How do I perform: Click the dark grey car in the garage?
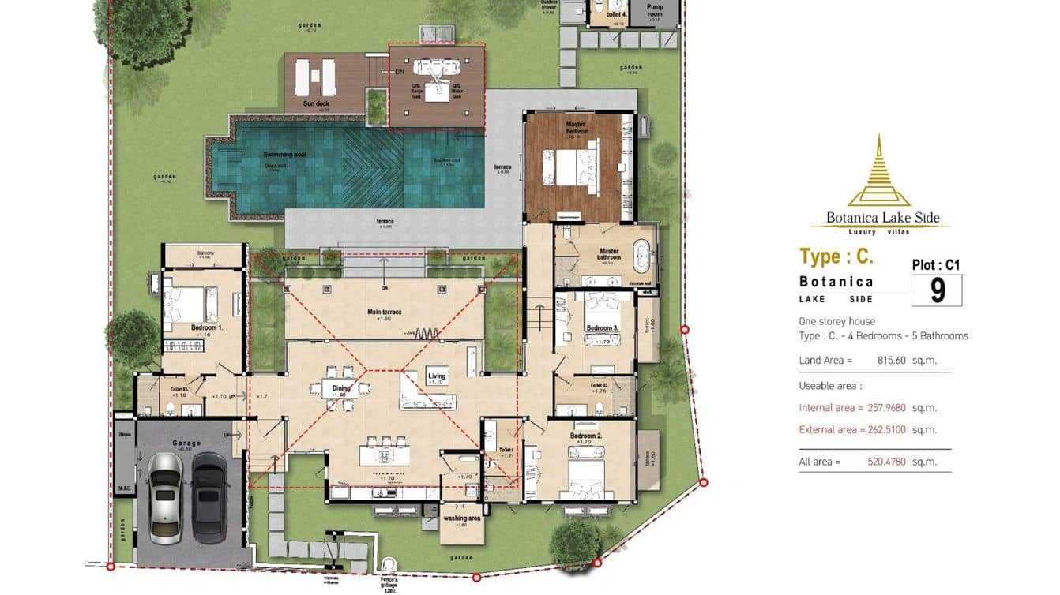coord(209,497)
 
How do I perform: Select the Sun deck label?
coord(316,103)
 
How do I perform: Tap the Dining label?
coord(340,388)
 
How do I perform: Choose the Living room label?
coord(437,376)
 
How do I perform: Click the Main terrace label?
coord(384,312)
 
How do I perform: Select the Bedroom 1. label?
coord(206,327)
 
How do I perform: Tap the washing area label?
coord(462,518)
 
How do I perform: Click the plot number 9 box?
coord(937,290)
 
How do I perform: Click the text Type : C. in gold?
coord(836,256)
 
